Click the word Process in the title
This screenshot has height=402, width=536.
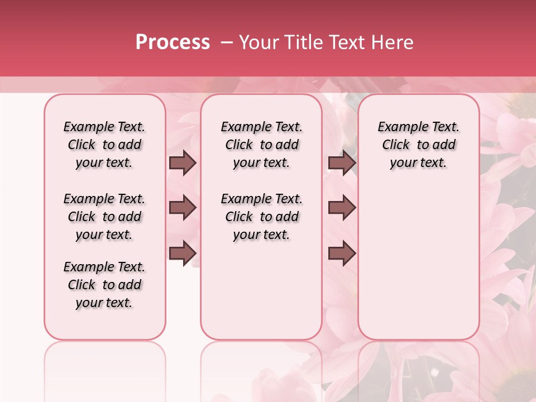click(173, 42)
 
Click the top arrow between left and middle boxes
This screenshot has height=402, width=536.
click(183, 163)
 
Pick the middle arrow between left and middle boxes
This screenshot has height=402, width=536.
click(183, 208)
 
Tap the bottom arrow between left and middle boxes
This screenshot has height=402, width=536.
click(183, 253)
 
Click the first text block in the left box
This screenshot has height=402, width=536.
click(104, 145)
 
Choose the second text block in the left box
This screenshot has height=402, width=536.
click(104, 217)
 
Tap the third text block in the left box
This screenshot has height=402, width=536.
click(104, 285)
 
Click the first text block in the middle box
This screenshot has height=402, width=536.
click(262, 145)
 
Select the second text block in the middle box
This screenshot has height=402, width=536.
click(262, 217)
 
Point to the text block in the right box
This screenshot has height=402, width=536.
click(419, 145)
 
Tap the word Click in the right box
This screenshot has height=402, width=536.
click(396, 145)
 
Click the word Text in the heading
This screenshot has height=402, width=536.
click(344, 42)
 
